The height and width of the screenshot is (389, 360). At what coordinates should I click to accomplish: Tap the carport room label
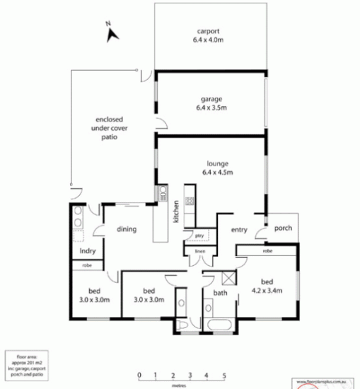click(x=208, y=32)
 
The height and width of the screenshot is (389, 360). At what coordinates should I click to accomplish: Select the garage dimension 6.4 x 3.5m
click(x=211, y=108)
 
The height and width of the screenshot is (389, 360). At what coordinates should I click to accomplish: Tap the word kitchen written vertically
click(x=175, y=212)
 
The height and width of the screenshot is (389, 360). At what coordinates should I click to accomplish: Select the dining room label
click(x=127, y=229)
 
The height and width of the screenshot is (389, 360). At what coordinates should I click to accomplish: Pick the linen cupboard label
click(x=199, y=251)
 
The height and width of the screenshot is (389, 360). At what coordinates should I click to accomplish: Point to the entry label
click(x=239, y=228)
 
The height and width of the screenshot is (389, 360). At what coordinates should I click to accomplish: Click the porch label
click(x=283, y=228)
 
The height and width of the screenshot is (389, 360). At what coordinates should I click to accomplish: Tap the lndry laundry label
click(x=88, y=250)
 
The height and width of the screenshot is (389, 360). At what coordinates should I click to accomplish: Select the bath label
click(x=220, y=293)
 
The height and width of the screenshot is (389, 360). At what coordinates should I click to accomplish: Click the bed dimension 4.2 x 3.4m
click(x=267, y=290)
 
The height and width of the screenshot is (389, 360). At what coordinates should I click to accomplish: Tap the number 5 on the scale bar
click(x=223, y=375)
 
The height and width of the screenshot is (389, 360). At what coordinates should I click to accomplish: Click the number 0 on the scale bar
click(x=140, y=375)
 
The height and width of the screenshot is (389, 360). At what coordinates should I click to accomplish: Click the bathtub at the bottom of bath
click(x=220, y=325)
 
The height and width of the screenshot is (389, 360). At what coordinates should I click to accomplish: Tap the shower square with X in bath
click(x=228, y=277)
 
